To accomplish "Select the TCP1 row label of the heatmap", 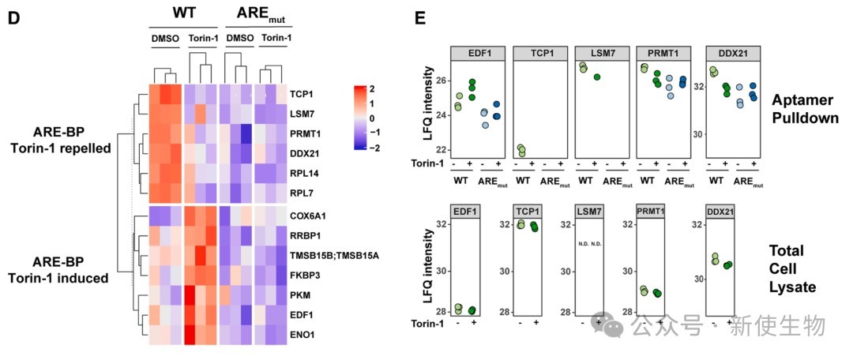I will coord(300,93).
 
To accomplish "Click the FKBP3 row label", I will coord(304,275).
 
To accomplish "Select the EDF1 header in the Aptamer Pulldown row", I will coord(477,53).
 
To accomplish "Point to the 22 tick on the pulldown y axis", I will coord(441,150).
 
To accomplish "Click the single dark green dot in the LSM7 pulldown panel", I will coord(598,77).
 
